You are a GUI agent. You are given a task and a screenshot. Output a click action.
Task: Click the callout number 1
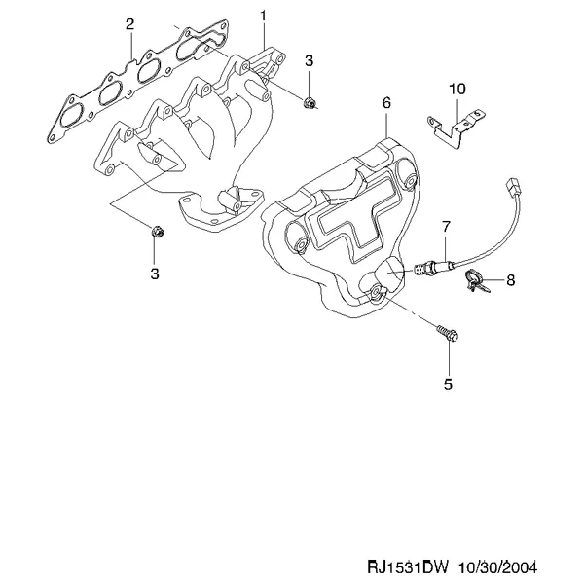click(x=264, y=17)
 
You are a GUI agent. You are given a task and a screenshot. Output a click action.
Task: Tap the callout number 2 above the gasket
click(x=129, y=24)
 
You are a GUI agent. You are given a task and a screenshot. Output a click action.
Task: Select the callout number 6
click(x=386, y=103)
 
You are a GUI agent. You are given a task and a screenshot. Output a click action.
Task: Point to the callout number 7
click(x=446, y=226)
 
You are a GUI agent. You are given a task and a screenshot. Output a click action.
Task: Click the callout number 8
click(x=511, y=279)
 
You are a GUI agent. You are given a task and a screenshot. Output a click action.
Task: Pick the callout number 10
click(x=457, y=89)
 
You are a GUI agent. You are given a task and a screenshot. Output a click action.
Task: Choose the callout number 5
click(x=448, y=384)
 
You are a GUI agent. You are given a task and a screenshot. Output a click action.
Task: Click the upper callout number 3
click(x=310, y=60)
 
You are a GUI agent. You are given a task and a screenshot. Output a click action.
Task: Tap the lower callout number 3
click(x=155, y=274)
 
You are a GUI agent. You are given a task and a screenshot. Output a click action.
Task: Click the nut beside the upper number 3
click(x=310, y=102)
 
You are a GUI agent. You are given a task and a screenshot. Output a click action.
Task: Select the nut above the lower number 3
click(x=158, y=232)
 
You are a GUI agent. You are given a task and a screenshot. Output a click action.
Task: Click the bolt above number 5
click(x=447, y=333)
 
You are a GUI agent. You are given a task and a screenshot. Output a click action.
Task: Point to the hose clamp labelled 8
click(x=475, y=280)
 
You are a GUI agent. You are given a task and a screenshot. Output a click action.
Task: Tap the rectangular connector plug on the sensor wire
click(x=513, y=187)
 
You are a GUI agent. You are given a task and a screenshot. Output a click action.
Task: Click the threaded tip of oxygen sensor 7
click(x=420, y=269)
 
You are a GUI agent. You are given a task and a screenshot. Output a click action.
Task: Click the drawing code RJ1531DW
click(x=409, y=566)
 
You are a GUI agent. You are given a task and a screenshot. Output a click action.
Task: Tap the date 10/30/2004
click(x=498, y=566)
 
